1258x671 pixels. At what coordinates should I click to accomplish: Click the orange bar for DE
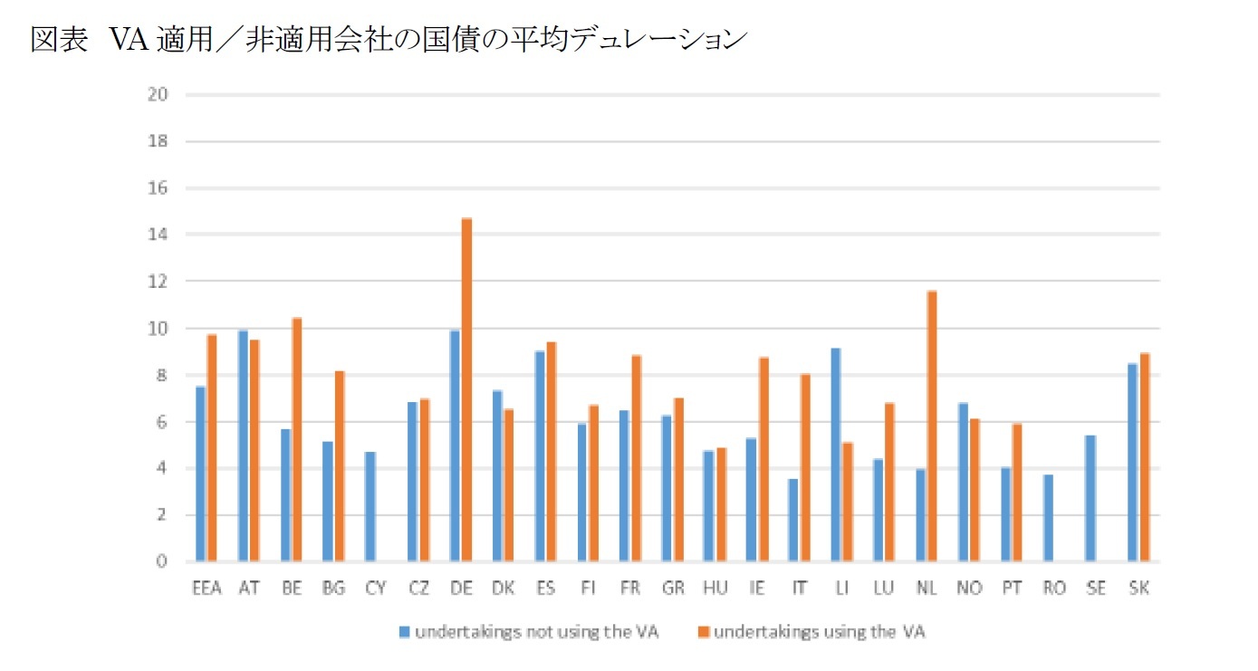point(466,390)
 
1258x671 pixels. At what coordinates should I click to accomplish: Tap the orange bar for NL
point(932,427)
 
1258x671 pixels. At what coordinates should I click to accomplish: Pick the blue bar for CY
point(370,506)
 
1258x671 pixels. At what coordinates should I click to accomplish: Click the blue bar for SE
point(1090,498)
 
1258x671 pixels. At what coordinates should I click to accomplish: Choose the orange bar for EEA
point(212,448)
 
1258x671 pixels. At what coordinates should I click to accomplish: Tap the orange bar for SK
point(1144,457)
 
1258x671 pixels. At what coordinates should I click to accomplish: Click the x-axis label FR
point(629,589)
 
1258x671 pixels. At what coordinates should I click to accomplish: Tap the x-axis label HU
point(715,589)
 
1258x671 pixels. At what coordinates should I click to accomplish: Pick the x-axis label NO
point(968,589)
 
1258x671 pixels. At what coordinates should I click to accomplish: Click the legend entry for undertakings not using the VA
point(534,632)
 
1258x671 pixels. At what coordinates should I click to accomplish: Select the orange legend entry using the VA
point(819,632)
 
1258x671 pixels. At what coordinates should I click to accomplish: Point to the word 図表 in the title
point(59,40)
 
